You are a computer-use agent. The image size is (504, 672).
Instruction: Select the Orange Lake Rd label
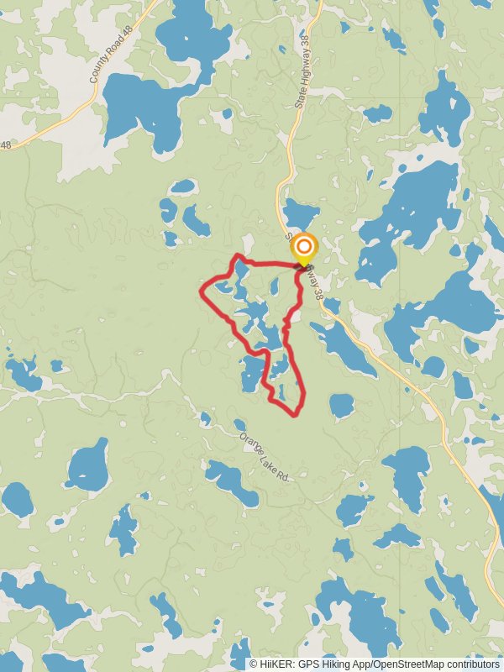pos(264,457)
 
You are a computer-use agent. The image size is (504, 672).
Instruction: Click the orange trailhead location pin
pos(304,249)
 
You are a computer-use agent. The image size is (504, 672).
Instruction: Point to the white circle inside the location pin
pos(304,247)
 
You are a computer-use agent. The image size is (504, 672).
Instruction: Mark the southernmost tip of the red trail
pos(294,414)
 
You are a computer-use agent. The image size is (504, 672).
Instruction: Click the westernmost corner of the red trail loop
pos(201,292)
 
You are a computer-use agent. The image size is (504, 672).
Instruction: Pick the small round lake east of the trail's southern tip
pos(341,406)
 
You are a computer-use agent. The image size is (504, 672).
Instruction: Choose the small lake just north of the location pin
pos(300,213)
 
